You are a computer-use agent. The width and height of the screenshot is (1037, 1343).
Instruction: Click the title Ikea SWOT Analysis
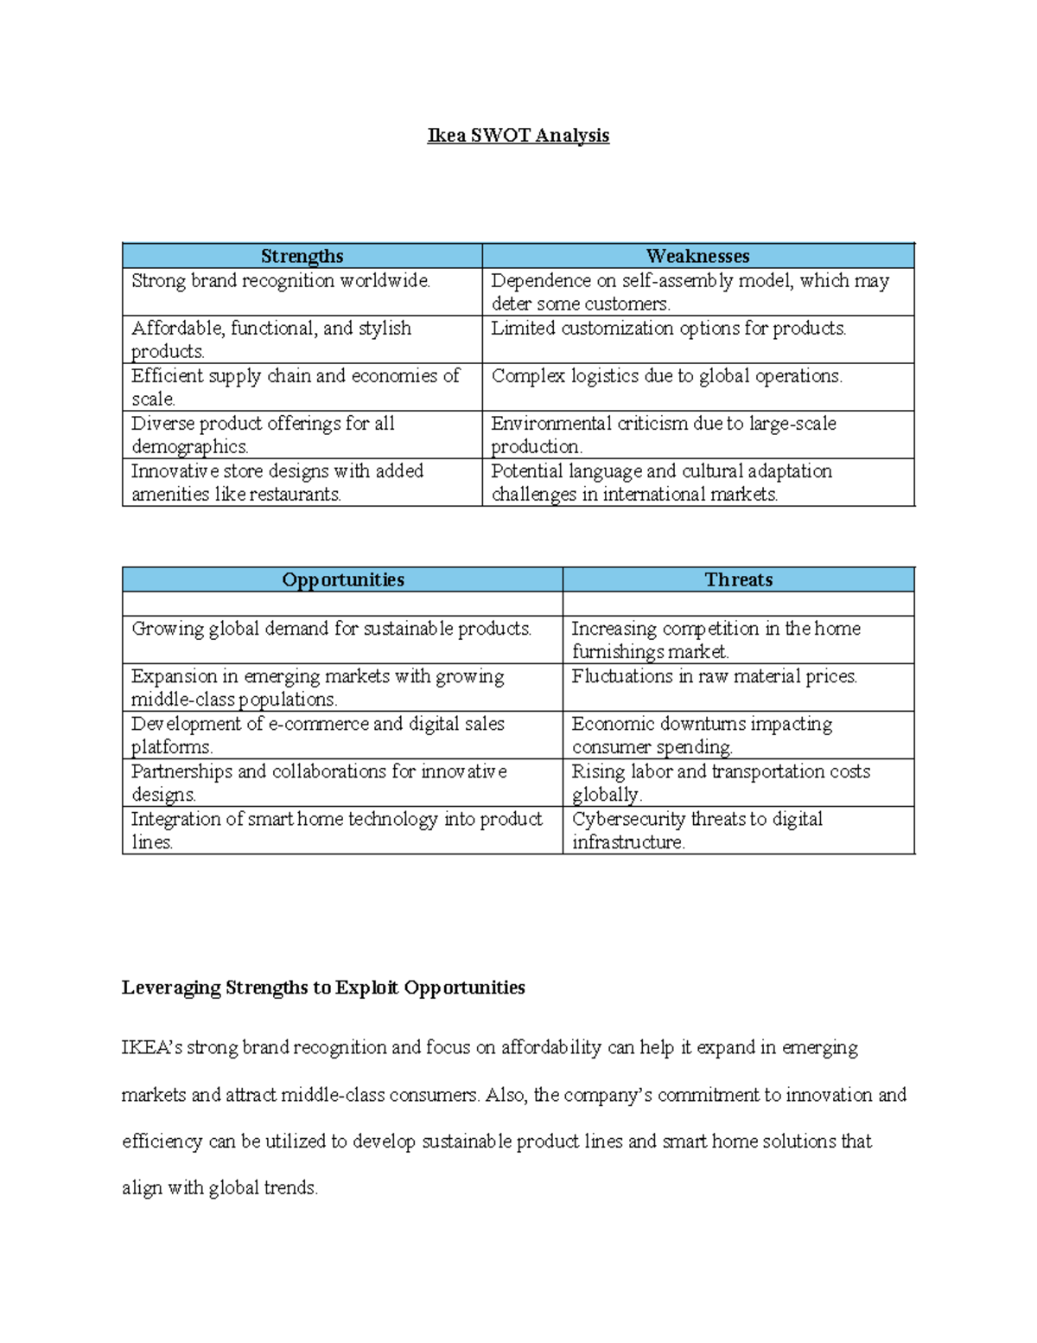[x=518, y=136]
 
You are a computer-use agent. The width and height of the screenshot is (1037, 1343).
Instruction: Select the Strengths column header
[x=302, y=256]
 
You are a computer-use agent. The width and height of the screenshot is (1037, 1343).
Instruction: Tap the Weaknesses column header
[x=697, y=256]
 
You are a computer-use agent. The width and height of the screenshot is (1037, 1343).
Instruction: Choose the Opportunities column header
[x=342, y=579]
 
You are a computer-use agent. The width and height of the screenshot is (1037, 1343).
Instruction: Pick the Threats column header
[x=738, y=579]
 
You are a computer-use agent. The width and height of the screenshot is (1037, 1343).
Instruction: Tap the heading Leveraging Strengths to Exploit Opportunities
[x=323, y=988]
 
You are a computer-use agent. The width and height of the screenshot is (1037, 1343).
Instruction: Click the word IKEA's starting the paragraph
[x=151, y=1047]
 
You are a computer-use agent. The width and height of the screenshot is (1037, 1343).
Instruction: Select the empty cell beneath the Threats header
[x=738, y=604]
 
